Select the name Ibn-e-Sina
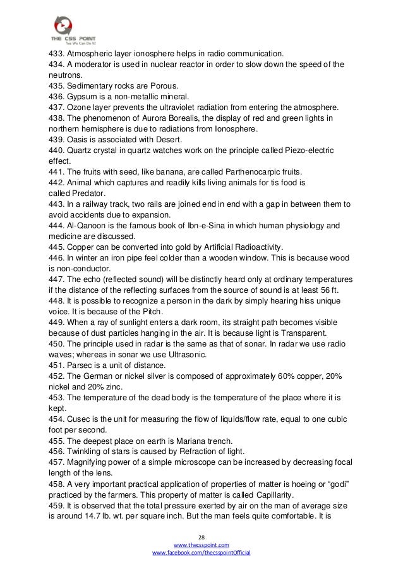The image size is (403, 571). coord(207,226)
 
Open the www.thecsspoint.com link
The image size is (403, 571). coord(201,544)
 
